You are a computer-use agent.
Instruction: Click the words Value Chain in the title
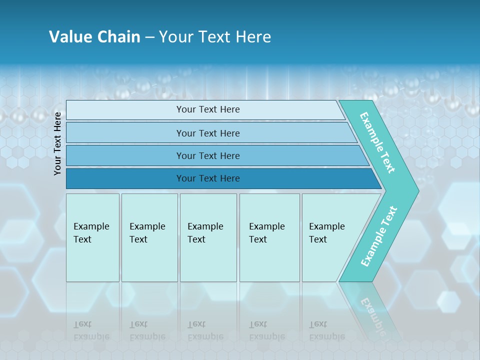pyautogui.click(x=94, y=37)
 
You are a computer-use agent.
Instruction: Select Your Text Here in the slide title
pyautogui.click(x=215, y=37)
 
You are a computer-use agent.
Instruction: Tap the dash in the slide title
pyautogui.click(x=149, y=37)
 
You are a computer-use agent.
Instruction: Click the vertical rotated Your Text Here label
pyautogui.click(x=57, y=143)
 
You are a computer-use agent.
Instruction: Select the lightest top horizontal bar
pyautogui.click(x=207, y=109)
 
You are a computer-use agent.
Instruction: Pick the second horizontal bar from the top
pyautogui.click(x=207, y=133)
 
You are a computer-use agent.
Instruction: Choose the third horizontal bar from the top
pyautogui.click(x=207, y=155)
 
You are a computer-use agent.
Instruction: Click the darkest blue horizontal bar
pyautogui.click(x=207, y=178)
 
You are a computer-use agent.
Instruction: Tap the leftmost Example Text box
pyautogui.click(x=92, y=237)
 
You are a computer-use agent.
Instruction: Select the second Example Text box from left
pyautogui.click(x=149, y=237)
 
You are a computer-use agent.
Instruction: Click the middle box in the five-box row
pyautogui.click(x=208, y=237)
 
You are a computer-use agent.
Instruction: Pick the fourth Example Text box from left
pyautogui.click(x=269, y=237)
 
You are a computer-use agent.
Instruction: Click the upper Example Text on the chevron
pyautogui.click(x=377, y=142)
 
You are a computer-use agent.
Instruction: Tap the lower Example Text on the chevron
pyautogui.click(x=379, y=236)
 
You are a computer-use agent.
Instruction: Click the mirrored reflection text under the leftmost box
pyautogui.click(x=91, y=330)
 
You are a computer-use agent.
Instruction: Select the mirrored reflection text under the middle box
pyautogui.click(x=205, y=330)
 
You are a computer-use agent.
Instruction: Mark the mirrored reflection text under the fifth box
pyautogui.click(x=326, y=330)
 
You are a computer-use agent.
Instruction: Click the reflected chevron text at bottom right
pyautogui.click(x=372, y=315)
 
